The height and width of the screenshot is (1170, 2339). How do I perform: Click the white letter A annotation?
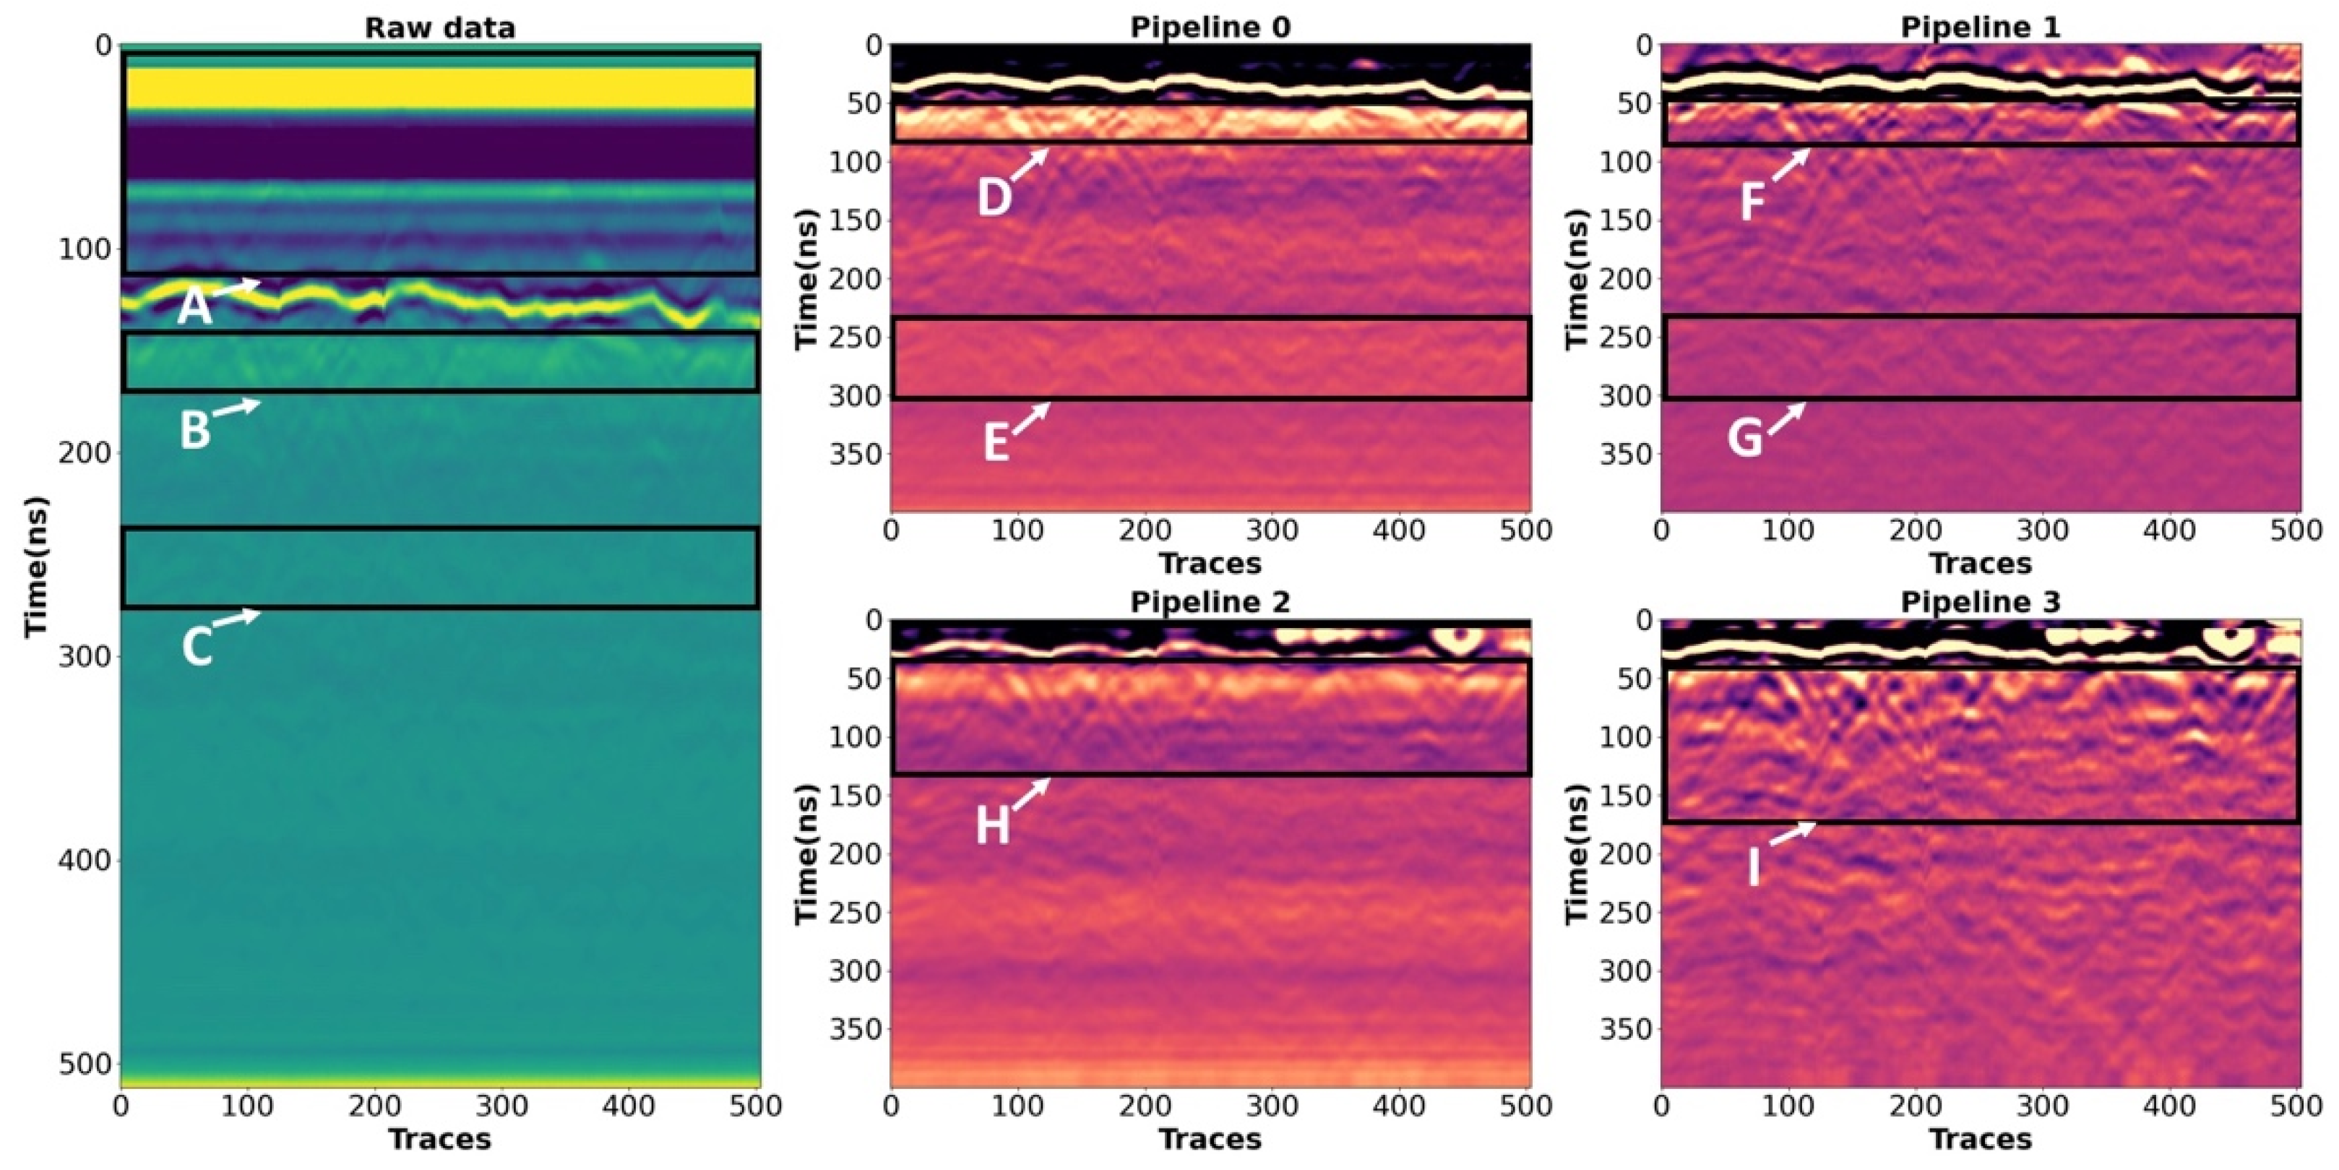tap(194, 307)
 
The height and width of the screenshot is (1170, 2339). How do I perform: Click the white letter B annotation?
tap(194, 429)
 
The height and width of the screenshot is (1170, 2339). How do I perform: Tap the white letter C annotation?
tap(196, 647)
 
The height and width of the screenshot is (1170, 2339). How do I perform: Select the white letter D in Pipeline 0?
tap(994, 197)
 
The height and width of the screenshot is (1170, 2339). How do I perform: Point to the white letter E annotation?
tap(996, 444)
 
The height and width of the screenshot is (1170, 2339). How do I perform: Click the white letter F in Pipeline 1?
tap(1752, 202)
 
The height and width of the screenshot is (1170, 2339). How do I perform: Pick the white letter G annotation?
tap(1744, 439)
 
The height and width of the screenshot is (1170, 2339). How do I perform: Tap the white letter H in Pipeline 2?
tap(992, 827)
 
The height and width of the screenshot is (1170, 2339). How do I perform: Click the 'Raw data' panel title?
tap(439, 27)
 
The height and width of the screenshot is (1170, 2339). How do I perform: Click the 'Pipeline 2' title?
tap(1210, 601)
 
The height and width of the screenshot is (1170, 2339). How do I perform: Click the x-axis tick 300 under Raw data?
tap(502, 1106)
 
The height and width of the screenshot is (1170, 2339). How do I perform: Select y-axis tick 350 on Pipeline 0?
tap(854, 453)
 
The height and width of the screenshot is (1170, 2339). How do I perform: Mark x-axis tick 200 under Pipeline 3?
tap(1916, 1106)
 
